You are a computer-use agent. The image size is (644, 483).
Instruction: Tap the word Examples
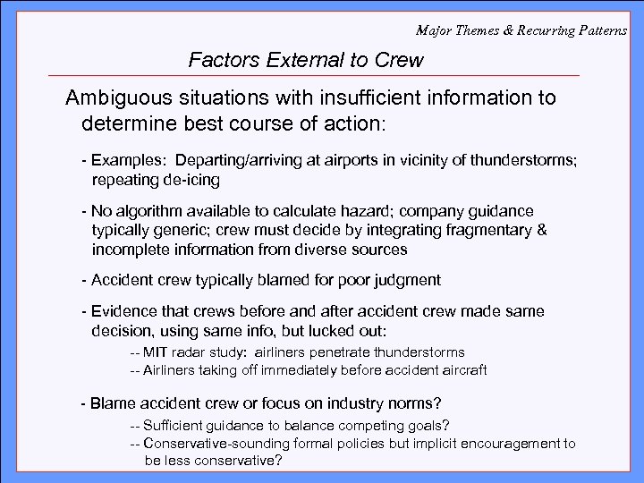click(128, 161)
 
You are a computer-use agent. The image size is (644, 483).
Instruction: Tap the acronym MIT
click(157, 352)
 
